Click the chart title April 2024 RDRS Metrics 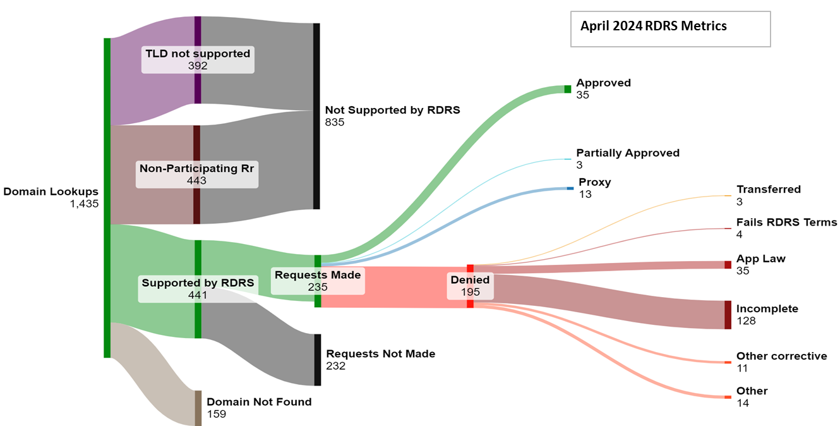pyautogui.click(x=653, y=26)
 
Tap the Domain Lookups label pyautogui.click(x=51, y=192)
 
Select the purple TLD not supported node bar pyautogui.click(x=198, y=60)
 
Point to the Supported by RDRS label pyautogui.click(x=198, y=283)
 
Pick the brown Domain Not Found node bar pyautogui.click(x=198, y=408)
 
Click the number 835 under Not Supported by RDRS pyautogui.click(x=335, y=122)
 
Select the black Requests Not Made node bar pyautogui.click(x=317, y=360)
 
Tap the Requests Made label pyautogui.click(x=318, y=275)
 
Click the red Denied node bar pyautogui.click(x=470, y=286)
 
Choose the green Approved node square pyautogui.click(x=567, y=89)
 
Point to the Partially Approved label pyautogui.click(x=628, y=153)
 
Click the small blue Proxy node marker pyautogui.click(x=570, y=188)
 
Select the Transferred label pyautogui.click(x=768, y=190)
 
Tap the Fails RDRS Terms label pyautogui.click(x=786, y=222)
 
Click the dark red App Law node pyautogui.click(x=728, y=265)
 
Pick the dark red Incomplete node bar pyautogui.click(x=728, y=315)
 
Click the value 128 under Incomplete pyautogui.click(x=746, y=321)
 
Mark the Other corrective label pyautogui.click(x=781, y=356)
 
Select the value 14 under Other pyautogui.click(x=742, y=403)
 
